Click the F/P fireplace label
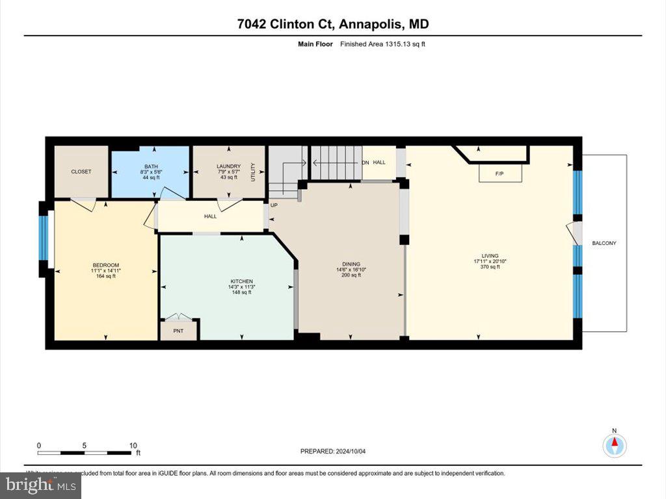tap(499, 174)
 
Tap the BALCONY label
tap(604, 243)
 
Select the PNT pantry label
tap(179, 331)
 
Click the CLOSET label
tap(81, 172)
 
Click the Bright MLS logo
tap(41, 485)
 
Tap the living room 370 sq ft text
tap(490, 266)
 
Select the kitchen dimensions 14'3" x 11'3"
tap(241, 287)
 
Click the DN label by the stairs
tap(366, 162)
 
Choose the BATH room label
tap(151, 166)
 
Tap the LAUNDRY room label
tap(228, 166)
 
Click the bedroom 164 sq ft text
tap(105, 276)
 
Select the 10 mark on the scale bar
tap(133, 446)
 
